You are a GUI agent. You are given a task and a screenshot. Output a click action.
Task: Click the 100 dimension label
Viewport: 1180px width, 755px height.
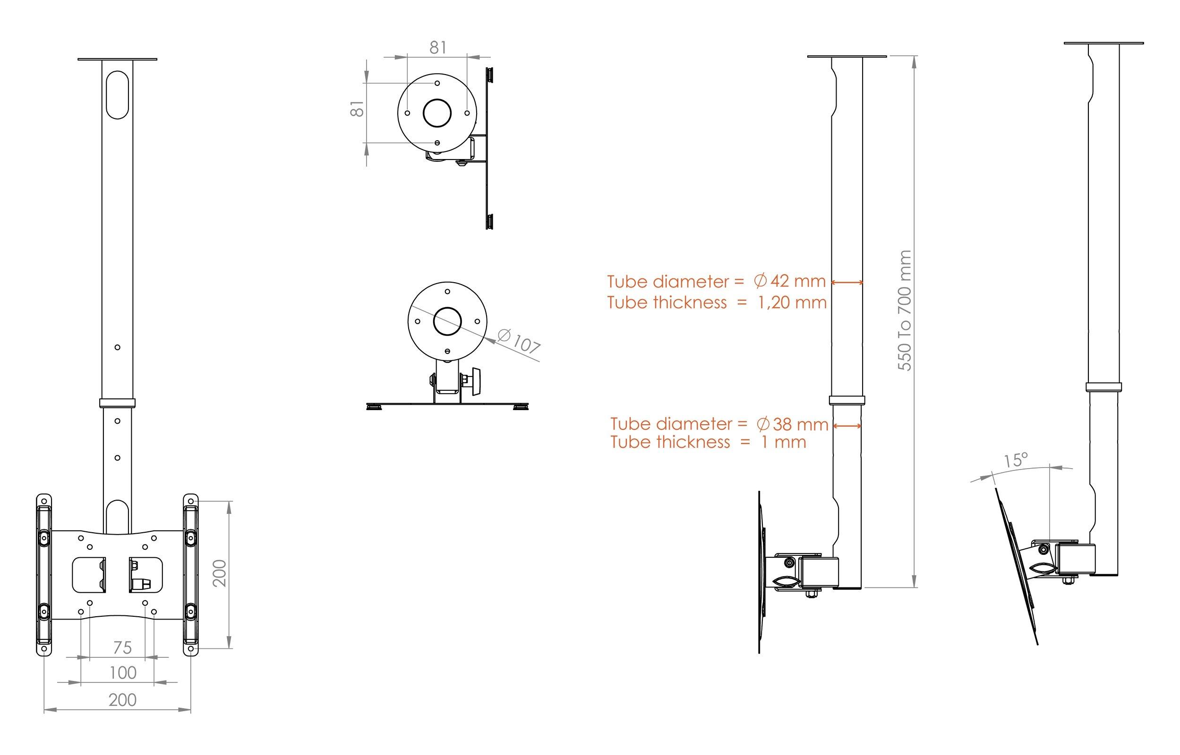(x=122, y=672)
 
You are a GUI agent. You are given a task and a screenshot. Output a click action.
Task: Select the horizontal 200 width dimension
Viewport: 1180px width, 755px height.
(x=122, y=700)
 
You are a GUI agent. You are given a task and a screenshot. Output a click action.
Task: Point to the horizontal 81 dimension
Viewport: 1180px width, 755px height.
(x=437, y=48)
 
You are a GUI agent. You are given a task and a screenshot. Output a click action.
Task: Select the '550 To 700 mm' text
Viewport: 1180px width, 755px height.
(x=904, y=311)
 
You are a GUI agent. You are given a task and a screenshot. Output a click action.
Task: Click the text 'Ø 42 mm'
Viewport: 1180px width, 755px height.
(x=789, y=282)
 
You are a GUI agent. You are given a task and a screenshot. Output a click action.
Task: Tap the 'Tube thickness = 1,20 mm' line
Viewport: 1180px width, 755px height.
(x=716, y=302)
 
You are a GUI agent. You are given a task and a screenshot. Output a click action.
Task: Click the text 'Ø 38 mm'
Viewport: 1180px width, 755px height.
(x=791, y=424)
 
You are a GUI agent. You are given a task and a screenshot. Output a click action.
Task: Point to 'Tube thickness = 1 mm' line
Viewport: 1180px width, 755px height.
(x=708, y=442)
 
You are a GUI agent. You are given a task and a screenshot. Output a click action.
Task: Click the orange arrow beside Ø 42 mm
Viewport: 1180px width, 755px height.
(x=847, y=282)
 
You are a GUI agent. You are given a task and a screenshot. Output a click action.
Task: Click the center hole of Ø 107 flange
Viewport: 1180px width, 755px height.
(x=447, y=322)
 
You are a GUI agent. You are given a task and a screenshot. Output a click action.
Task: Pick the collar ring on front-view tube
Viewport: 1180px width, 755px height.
(x=117, y=403)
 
